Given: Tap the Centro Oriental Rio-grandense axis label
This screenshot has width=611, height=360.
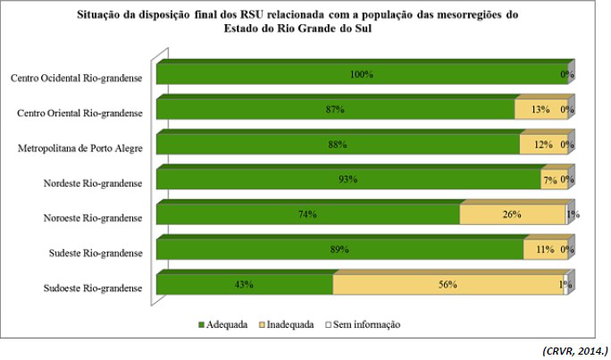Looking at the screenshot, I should [81, 113].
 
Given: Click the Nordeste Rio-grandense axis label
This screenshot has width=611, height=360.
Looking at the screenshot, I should [93, 183].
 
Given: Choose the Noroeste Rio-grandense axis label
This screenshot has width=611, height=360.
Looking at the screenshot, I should [93, 218].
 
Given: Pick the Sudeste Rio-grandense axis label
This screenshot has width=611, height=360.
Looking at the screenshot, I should [96, 253].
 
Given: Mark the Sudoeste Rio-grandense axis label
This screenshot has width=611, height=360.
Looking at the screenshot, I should [93, 288].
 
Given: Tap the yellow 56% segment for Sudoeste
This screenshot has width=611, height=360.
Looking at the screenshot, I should [447, 284].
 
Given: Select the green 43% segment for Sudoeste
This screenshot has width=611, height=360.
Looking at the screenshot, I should [244, 284].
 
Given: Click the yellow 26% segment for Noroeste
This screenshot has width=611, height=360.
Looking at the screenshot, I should [512, 214].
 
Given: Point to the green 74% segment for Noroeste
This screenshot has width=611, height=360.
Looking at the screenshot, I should [307, 214].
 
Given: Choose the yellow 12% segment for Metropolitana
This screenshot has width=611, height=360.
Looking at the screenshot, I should [542, 144].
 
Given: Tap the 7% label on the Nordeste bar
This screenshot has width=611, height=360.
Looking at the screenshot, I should [550, 180].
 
